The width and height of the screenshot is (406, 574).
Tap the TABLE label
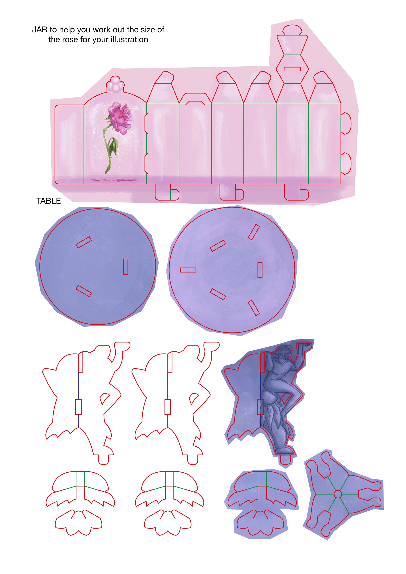click(49, 201)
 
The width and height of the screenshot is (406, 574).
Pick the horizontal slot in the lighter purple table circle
click(188, 270)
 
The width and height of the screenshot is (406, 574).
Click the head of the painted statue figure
click(284, 355)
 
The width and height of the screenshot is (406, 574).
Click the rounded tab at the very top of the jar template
click(292, 30)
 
